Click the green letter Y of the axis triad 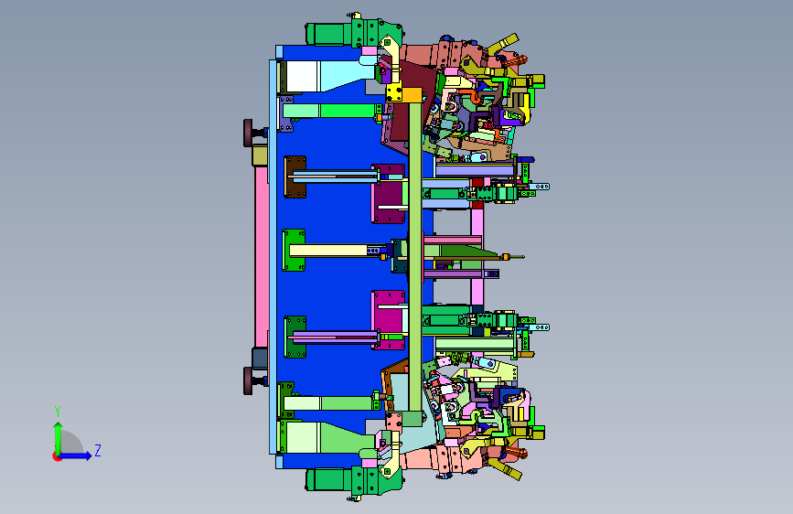(58, 411)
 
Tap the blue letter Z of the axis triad (98, 450)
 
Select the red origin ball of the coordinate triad (57, 456)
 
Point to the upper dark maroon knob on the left (248, 133)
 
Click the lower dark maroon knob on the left (248, 381)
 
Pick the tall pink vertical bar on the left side (262, 256)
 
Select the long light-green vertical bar (415, 256)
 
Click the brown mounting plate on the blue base (295, 177)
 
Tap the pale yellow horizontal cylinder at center (328, 251)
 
